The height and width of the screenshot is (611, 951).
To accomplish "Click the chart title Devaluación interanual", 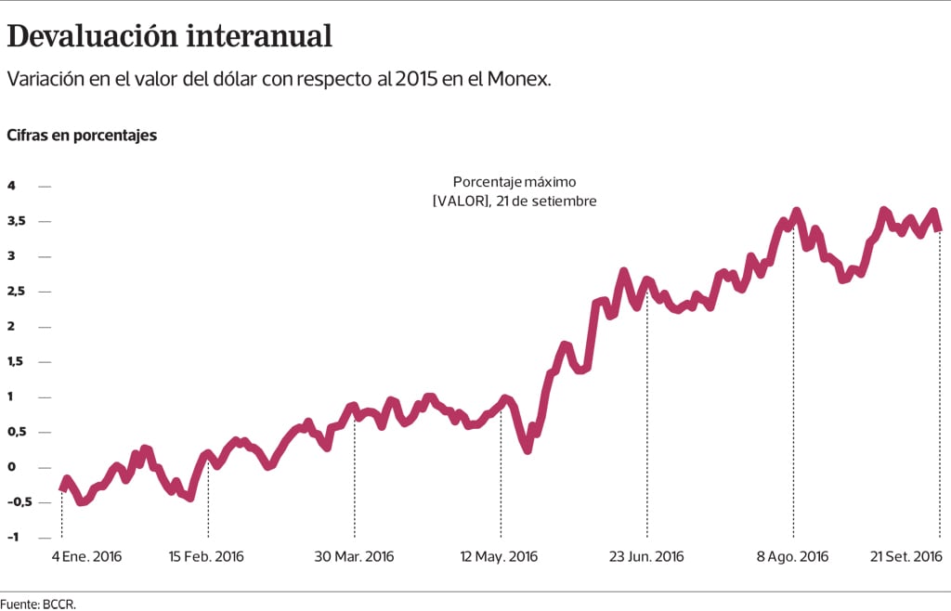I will coord(169,36).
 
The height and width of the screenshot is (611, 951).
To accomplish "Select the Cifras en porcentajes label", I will coord(82,136).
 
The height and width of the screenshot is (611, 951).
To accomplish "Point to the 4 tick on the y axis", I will coord(11,186).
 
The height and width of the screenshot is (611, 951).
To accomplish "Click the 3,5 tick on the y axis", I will coord(17,221).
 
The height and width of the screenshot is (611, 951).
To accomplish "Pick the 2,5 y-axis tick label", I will coord(17,292).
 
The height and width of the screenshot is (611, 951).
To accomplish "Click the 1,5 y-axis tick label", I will coord(17,361).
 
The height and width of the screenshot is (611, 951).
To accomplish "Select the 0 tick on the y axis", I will coord(11,467).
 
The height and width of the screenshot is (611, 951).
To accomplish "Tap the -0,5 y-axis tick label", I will coord(20,502).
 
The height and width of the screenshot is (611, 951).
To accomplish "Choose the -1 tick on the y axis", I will coord(14,538).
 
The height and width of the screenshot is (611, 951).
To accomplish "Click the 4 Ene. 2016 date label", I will coord(86,557).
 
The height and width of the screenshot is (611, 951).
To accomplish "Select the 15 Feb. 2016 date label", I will coord(206,557).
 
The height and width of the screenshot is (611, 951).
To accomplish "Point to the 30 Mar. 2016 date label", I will coord(354,557).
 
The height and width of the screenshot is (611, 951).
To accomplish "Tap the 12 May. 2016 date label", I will coord(500,557).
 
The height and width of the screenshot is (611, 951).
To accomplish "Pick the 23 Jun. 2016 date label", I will coord(646,557).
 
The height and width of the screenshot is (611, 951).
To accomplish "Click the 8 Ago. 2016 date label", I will coord(792,557).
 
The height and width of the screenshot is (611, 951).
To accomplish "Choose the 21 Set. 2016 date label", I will coord(905,557).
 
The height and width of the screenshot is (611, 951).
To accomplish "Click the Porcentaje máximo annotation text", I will coord(515,182).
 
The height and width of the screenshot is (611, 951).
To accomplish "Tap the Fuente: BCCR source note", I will coord(38,604).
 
